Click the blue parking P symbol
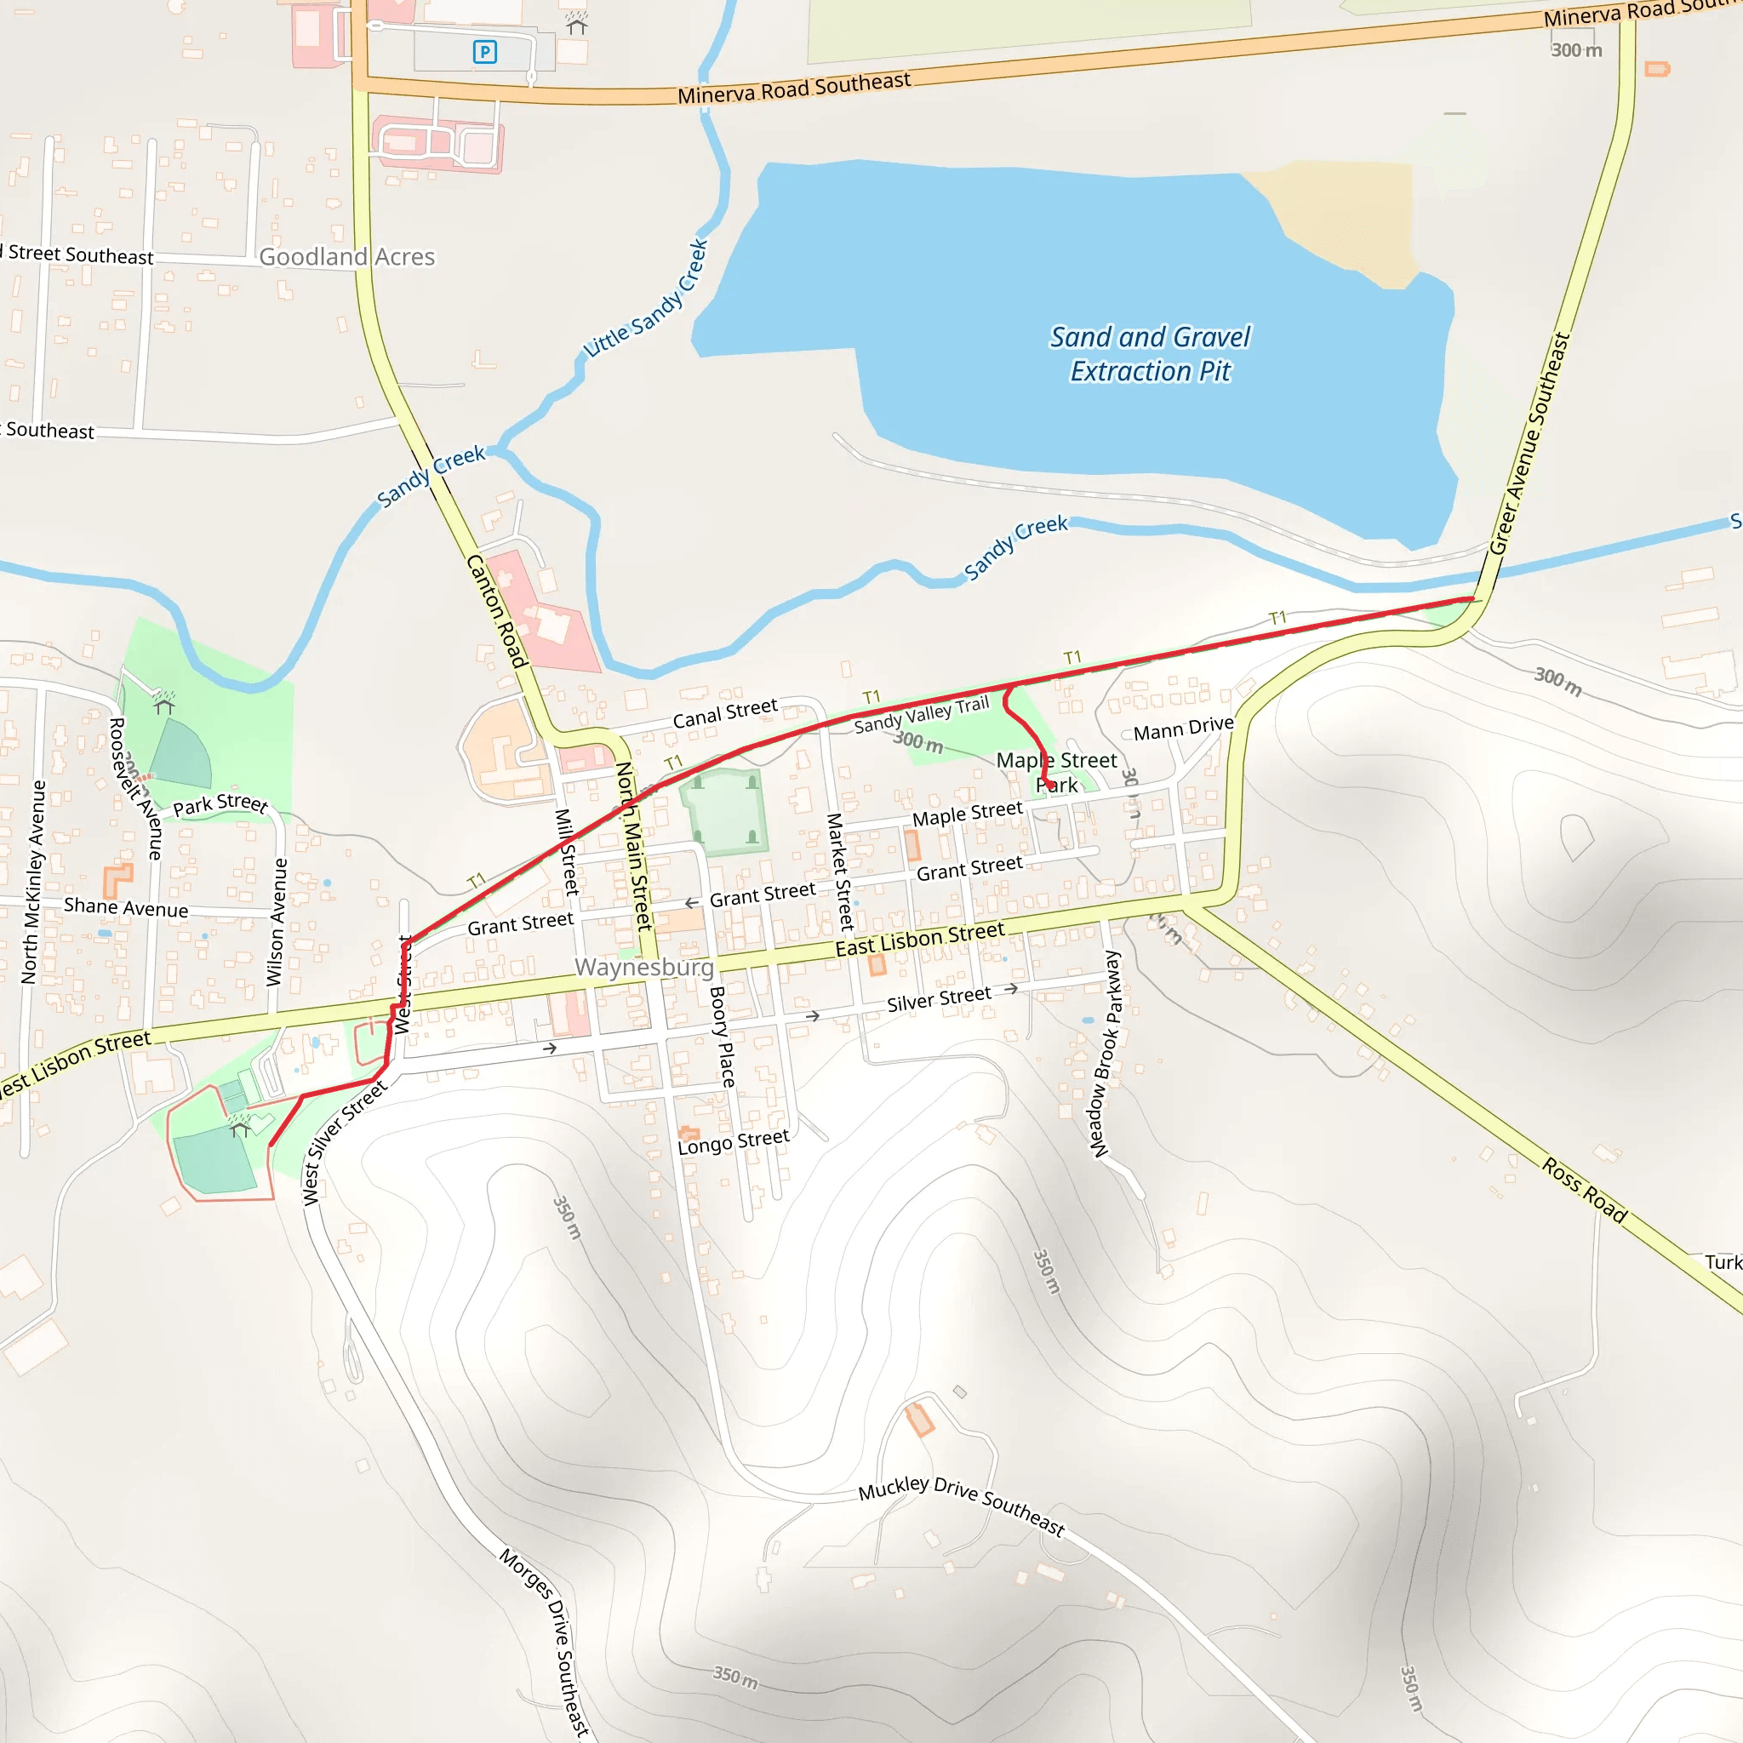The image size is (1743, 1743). tap(484, 52)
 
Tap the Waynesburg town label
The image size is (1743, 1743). tap(644, 968)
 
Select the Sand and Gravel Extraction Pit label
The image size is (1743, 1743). tap(1151, 354)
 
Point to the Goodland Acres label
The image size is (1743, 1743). tap(346, 257)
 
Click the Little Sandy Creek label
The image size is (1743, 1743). tap(646, 299)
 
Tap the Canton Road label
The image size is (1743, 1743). tap(496, 611)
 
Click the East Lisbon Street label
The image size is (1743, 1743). tap(919, 940)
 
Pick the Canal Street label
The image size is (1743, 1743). tap(724, 713)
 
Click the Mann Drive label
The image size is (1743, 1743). tap(1183, 728)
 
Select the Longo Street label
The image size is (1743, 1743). tap(734, 1142)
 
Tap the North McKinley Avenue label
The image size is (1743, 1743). tap(33, 882)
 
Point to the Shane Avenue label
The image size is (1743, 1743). tap(126, 907)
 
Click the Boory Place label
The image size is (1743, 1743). tap(723, 1037)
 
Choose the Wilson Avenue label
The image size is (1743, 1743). tap(277, 921)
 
